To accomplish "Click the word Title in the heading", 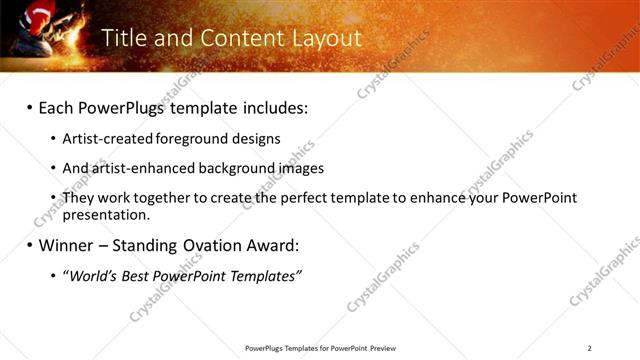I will [x=124, y=38].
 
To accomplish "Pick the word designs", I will [x=260, y=139].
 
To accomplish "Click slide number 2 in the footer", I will [x=590, y=348].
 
